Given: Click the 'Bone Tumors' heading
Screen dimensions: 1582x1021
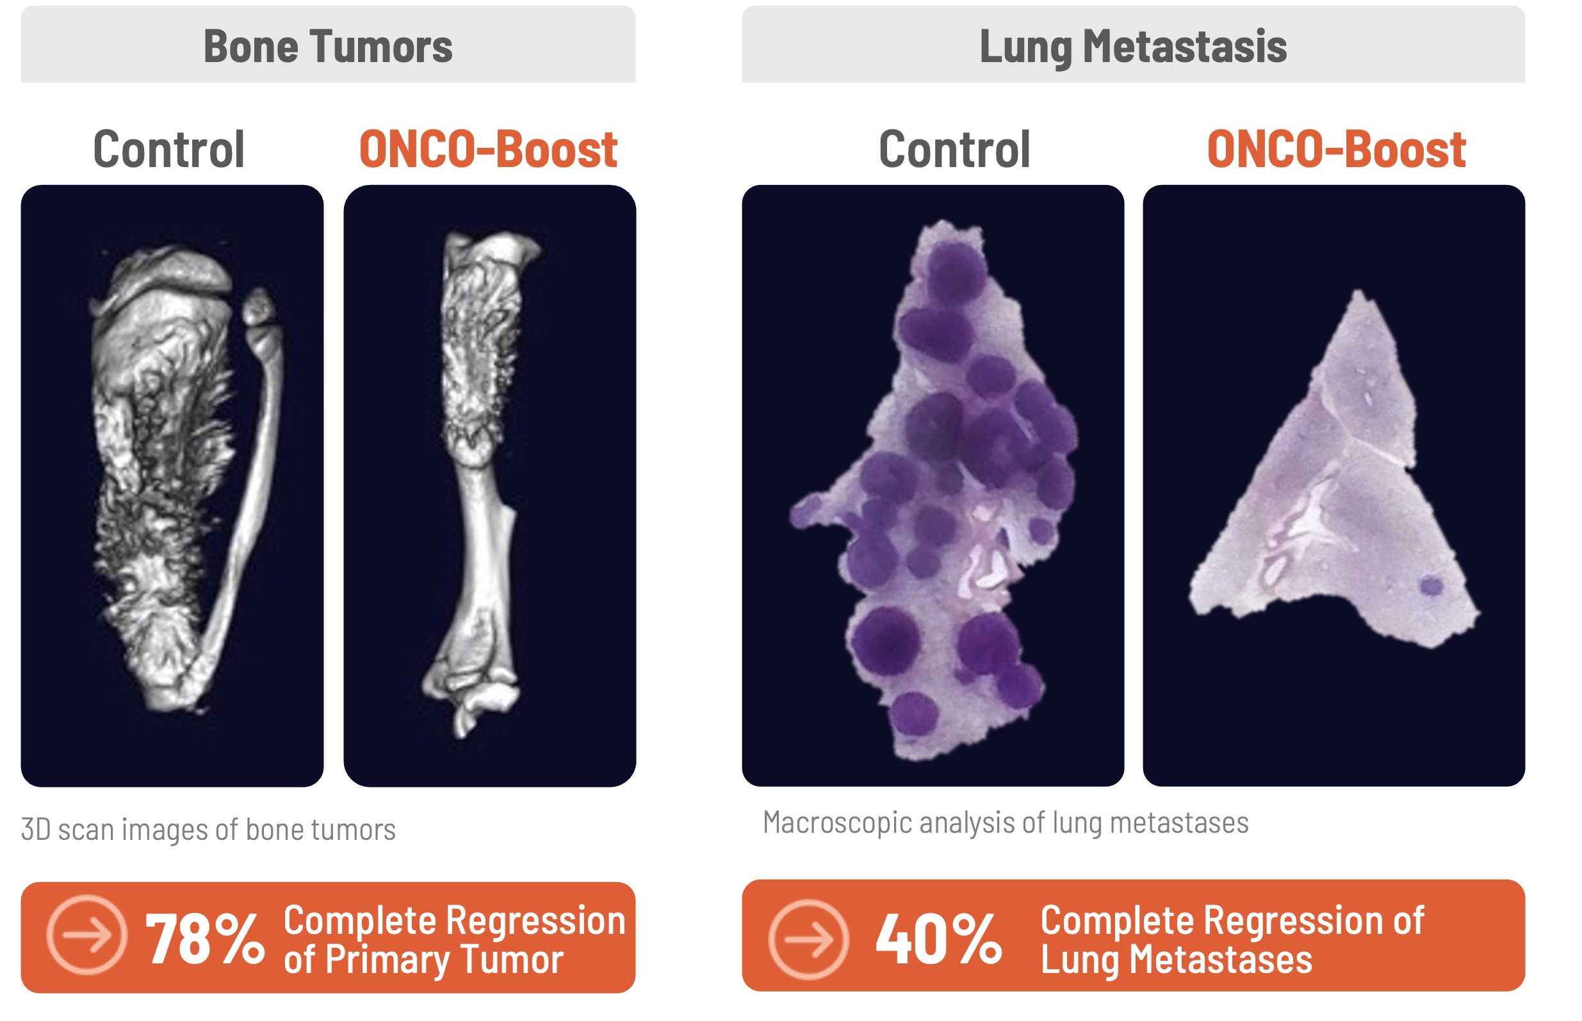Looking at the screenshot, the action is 328,46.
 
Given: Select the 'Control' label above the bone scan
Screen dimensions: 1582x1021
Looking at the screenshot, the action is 169,150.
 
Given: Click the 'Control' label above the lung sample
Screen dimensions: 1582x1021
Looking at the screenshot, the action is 954,150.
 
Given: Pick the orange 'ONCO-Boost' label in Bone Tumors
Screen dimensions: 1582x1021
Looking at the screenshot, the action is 488,150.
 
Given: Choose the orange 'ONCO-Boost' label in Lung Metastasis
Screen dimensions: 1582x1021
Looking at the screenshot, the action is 1336,150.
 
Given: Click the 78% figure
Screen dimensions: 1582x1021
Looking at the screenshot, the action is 205,939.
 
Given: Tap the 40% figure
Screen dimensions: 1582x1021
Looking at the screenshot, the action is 938,939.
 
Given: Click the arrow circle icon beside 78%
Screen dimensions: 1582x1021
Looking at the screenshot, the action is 87,935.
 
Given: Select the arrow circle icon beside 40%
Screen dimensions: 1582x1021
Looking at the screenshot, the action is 808,939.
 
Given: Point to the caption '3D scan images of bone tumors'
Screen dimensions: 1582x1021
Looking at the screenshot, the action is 208,830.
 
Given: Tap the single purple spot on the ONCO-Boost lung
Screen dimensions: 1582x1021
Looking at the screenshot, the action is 1431,586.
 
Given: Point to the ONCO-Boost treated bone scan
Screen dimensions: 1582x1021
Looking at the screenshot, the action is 482,484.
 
